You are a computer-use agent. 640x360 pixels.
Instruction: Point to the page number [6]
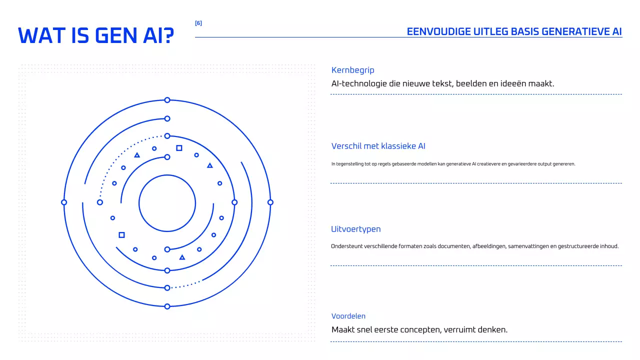click(x=198, y=23)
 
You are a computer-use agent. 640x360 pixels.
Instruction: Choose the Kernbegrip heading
click(x=352, y=70)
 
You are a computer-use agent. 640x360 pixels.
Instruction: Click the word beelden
click(x=470, y=83)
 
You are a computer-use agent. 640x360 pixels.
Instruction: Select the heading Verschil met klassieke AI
click(x=378, y=146)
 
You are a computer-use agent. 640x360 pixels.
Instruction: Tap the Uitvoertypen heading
click(x=355, y=229)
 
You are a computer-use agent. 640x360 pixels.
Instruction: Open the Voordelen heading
click(x=348, y=316)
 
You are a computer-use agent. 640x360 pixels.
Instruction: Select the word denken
click(x=493, y=330)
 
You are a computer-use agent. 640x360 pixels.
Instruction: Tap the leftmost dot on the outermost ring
click(x=64, y=202)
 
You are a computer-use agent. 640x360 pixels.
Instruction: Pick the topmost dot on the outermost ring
click(x=167, y=100)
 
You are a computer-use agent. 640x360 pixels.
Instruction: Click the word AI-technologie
click(x=359, y=83)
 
